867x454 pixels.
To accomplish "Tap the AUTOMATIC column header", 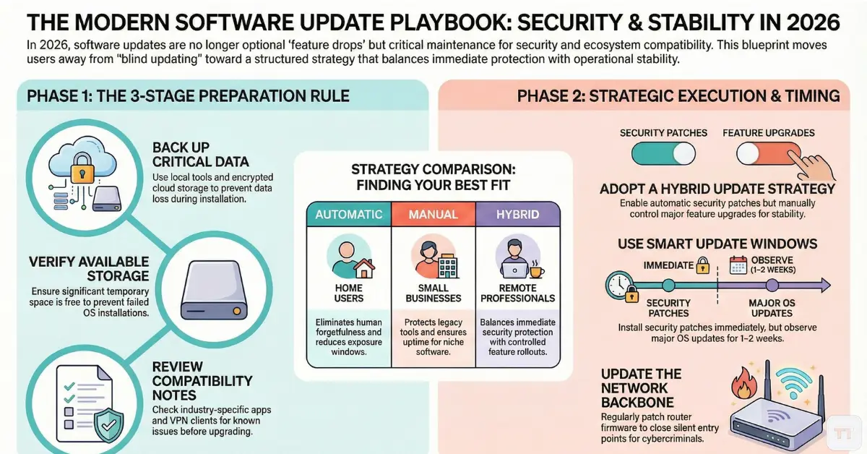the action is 349,214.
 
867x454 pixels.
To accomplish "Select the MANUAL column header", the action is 433,214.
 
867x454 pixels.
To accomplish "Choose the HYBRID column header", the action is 518,214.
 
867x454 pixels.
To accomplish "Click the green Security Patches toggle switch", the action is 663,154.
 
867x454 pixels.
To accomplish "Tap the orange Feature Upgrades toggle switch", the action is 769,154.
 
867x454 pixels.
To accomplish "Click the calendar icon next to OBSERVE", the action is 738,265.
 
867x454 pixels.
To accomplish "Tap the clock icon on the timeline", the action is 619,285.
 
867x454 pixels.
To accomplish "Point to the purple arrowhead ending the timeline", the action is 824,285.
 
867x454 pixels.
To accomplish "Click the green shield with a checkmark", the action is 109,425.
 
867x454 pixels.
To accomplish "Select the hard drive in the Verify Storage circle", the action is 214,290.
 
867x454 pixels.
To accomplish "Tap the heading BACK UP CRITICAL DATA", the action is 201,155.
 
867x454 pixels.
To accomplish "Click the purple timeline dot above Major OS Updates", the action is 772,286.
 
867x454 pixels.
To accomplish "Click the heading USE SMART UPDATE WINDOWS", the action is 717,244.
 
